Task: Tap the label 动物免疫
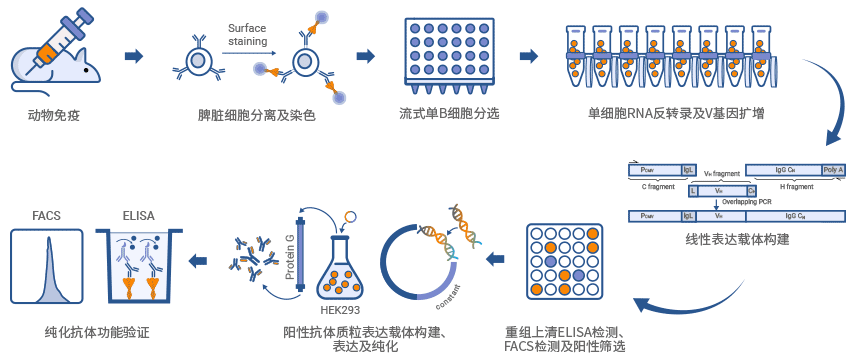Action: tap(54, 115)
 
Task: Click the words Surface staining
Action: tap(247, 34)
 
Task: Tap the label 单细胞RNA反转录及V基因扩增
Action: tap(678, 115)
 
